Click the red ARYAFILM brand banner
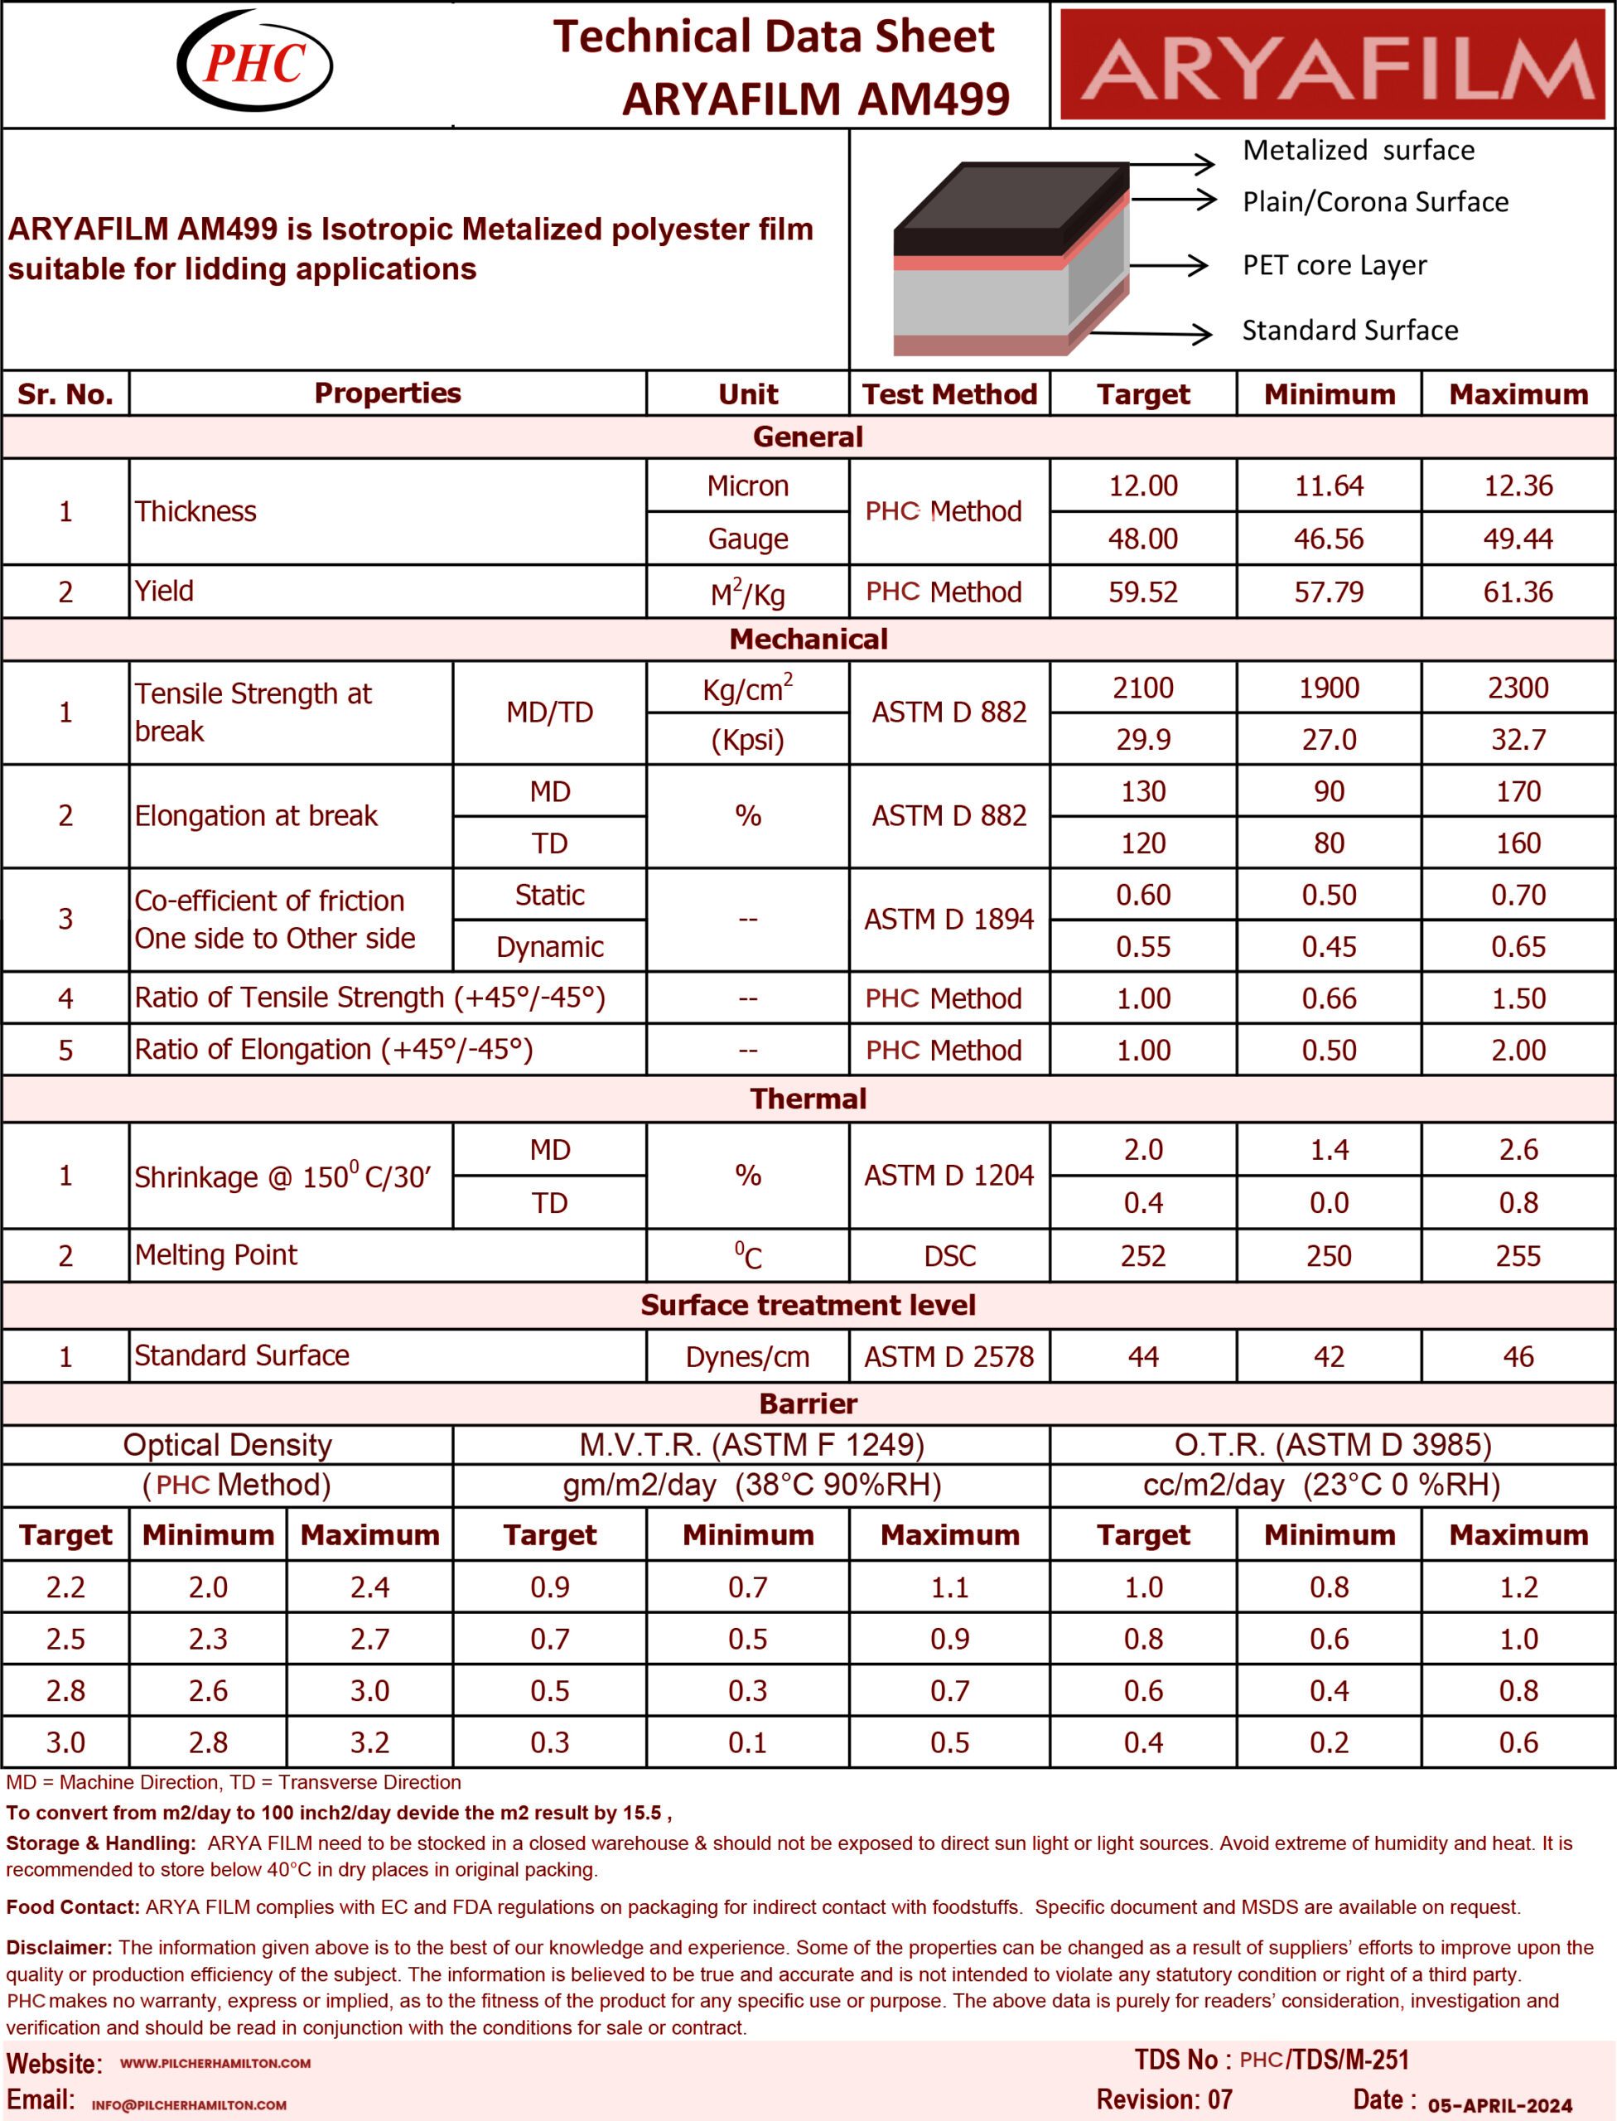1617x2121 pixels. click(x=1332, y=64)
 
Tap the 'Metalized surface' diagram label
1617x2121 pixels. click(x=1358, y=150)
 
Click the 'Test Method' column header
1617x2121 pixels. click(x=949, y=394)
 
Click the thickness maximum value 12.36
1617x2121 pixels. click(x=1518, y=486)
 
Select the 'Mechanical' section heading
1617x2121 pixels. click(x=808, y=640)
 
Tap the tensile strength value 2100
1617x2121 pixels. click(x=1142, y=688)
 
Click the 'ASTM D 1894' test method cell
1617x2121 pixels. click(x=949, y=920)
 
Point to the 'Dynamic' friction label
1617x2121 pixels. click(x=549, y=946)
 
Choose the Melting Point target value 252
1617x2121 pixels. click(x=1142, y=1255)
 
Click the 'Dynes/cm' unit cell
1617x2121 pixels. click(x=747, y=1356)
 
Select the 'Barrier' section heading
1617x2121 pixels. click(x=808, y=1404)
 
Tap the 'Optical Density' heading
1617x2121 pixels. click(x=227, y=1444)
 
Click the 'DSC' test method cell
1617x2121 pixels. click(x=949, y=1255)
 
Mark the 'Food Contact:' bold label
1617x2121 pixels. click(x=73, y=1907)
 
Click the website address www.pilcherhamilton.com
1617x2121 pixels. click(x=215, y=2063)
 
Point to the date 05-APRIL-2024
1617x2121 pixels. click(x=1499, y=2104)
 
